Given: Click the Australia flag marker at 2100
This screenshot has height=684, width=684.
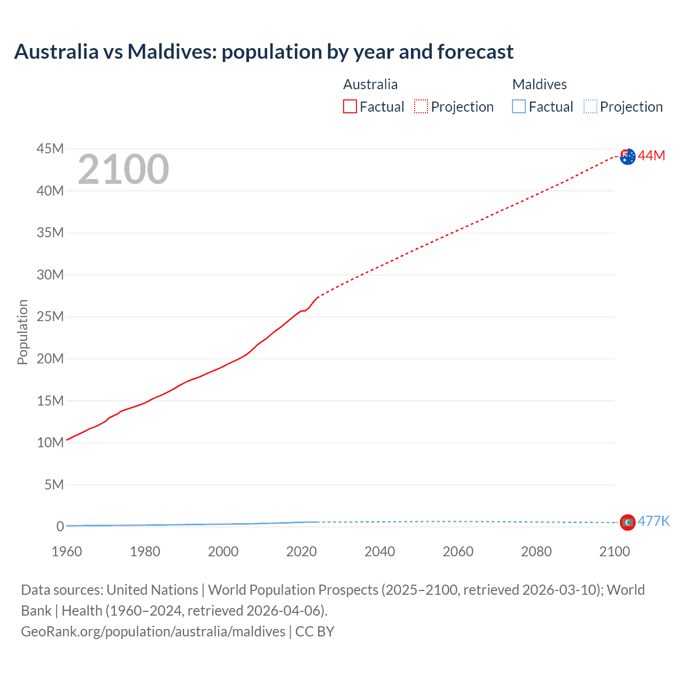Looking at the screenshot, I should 628,157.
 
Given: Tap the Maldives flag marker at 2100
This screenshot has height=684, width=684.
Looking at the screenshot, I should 627,522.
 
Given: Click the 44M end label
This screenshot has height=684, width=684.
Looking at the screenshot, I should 651,156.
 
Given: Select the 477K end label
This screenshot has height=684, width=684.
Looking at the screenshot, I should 654,521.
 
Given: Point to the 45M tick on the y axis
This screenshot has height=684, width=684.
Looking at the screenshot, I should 50,149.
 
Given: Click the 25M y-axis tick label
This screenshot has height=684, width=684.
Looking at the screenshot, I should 50,316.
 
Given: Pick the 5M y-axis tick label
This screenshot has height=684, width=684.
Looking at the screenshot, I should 54,485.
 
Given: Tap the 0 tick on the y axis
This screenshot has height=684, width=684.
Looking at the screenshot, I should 60,526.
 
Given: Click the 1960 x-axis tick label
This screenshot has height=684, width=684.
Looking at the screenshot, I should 67,551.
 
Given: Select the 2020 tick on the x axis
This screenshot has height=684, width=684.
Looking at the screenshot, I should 301,551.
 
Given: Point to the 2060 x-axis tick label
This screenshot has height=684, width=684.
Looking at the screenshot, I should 458,551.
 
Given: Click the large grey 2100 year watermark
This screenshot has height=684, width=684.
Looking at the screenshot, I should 123,169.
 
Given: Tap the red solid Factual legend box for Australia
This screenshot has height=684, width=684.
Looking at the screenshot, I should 350,106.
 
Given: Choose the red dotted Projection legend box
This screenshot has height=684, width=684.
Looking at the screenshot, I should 421,106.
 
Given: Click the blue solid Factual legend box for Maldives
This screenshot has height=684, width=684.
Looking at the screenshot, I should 519,106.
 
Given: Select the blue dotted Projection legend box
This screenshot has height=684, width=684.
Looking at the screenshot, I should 590,106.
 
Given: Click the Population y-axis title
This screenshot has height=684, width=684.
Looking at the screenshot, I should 22,332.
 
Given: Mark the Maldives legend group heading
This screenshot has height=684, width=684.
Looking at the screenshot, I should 539,84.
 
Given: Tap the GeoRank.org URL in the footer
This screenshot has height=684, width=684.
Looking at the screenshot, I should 153,632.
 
